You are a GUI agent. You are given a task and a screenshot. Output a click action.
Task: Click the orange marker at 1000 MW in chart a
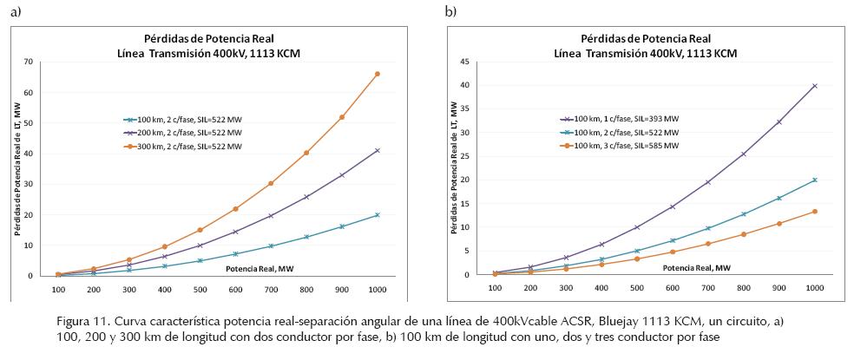pyautogui.click(x=377, y=75)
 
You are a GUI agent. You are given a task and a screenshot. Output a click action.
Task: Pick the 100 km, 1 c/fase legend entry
pyautogui.click(x=619, y=118)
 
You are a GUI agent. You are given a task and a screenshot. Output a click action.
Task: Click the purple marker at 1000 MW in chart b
pyautogui.click(x=814, y=86)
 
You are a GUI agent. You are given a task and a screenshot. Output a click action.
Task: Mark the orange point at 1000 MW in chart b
pyautogui.click(x=814, y=212)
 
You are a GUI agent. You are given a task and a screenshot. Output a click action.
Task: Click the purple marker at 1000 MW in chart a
pyautogui.click(x=377, y=151)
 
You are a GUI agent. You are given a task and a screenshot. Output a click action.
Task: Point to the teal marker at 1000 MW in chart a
pyautogui.click(x=377, y=215)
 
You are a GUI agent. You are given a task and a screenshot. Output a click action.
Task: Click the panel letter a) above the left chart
pyautogui.click(x=15, y=11)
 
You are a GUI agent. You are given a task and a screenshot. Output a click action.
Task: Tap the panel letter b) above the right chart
pyautogui.click(x=450, y=11)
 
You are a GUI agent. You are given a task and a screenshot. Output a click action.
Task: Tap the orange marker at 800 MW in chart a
pyautogui.click(x=305, y=153)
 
